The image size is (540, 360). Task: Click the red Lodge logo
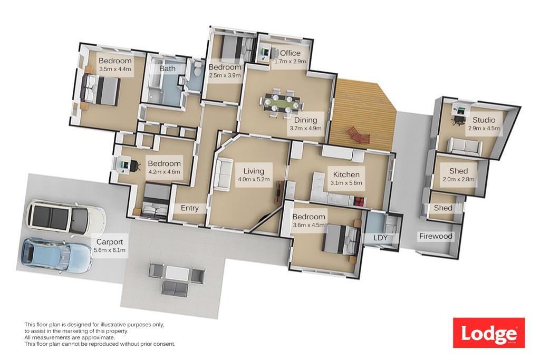489,333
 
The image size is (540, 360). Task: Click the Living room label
254,171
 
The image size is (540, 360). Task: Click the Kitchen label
346,174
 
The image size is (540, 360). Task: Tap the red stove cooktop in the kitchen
359,201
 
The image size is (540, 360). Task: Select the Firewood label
436,236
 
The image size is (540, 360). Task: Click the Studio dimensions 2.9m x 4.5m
484,129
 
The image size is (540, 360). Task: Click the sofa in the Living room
222,173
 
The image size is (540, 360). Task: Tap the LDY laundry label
381,238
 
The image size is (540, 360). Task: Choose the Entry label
189,208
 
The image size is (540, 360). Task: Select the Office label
290,53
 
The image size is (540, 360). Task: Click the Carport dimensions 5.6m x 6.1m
110,250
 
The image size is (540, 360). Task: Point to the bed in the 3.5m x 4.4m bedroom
101,90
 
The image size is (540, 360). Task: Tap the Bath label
167,69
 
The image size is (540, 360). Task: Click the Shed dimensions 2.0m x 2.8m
458,179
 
